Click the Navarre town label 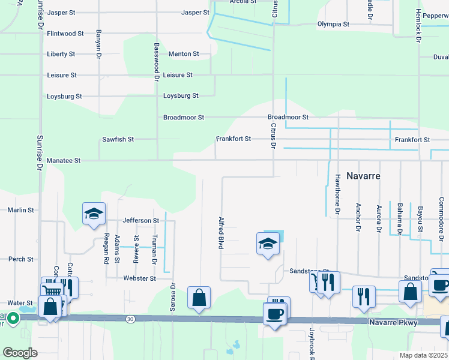pyautogui.click(x=364, y=177)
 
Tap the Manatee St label pyautogui.click(x=63, y=161)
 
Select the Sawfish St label pyautogui.click(x=118, y=139)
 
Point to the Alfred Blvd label pyautogui.click(x=221, y=233)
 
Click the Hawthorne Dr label pyautogui.click(x=338, y=194)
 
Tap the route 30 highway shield pyautogui.click(x=130, y=319)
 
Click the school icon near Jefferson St pyautogui.click(x=94, y=214)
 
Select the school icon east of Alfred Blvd pyautogui.click(x=268, y=244)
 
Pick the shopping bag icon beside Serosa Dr pyautogui.click(x=199, y=298)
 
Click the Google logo pyautogui.click(x=20, y=352)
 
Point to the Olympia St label pyautogui.click(x=333, y=25)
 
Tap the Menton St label pyautogui.click(x=184, y=54)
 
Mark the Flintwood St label pyautogui.click(x=65, y=34)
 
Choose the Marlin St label pyautogui.click(x=20, y=211)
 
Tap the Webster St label pyautogui.click(x=140, y=278)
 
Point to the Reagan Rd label pyautogui.click(x=106, y=248)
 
